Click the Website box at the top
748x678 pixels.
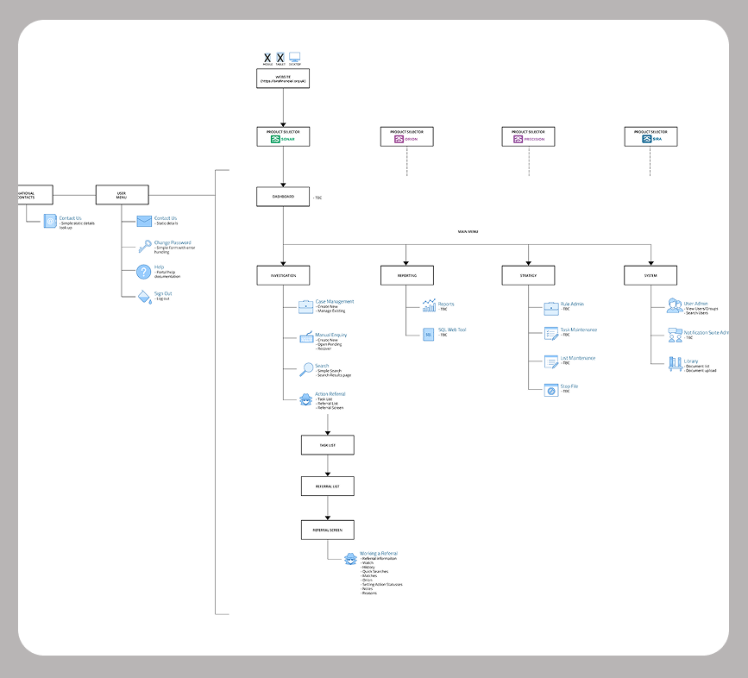283,78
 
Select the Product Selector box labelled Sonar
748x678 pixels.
283,136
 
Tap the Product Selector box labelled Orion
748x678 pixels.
406,136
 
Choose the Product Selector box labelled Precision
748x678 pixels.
528,136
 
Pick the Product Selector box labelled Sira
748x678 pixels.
651,136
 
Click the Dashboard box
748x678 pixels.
283,197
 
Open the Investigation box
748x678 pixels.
283,275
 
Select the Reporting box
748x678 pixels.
406,275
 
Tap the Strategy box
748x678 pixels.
528,275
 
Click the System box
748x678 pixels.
651,275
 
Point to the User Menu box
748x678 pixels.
122,195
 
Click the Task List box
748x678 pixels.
328,445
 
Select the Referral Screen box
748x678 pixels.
328,530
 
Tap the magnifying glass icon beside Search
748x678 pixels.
306,369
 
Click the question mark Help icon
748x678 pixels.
143,272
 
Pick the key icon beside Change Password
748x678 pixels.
143,246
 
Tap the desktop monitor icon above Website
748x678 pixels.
295,58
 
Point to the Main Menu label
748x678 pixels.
468,232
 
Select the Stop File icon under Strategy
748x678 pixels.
551,390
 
